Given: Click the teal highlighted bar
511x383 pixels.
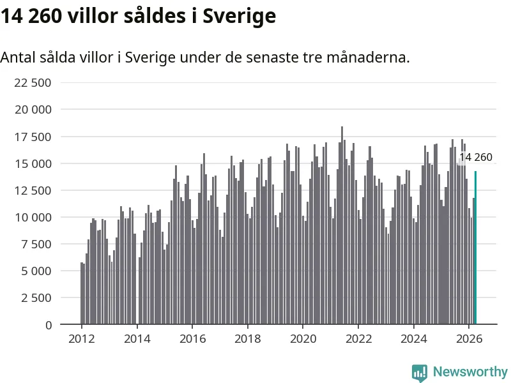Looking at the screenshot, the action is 475,248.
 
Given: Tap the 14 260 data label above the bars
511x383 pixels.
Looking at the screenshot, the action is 476,157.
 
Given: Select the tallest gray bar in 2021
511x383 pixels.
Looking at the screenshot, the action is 342,225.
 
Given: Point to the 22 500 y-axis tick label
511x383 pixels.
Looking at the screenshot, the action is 33,83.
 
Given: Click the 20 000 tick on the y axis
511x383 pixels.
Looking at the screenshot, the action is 33,109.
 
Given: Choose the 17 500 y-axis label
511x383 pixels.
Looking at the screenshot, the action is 33,137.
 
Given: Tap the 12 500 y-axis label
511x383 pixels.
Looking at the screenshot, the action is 33,190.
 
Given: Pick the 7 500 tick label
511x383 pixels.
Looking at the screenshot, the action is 36,244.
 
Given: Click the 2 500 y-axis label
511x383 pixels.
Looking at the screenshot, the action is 36,297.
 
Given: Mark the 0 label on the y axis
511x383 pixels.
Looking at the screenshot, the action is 49,325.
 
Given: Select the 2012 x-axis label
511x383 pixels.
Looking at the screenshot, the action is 82,339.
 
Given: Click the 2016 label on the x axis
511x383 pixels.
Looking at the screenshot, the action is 193,339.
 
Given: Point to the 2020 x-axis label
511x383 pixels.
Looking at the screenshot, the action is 303,339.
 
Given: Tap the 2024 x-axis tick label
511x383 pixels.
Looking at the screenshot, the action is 413,339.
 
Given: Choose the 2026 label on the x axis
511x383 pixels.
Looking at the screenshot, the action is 469,339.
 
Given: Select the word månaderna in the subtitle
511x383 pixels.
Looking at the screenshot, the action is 368,57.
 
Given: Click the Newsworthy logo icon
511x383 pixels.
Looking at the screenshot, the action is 420,373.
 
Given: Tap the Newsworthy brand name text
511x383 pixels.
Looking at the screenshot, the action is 470,372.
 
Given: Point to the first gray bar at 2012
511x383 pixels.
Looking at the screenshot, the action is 82,294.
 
